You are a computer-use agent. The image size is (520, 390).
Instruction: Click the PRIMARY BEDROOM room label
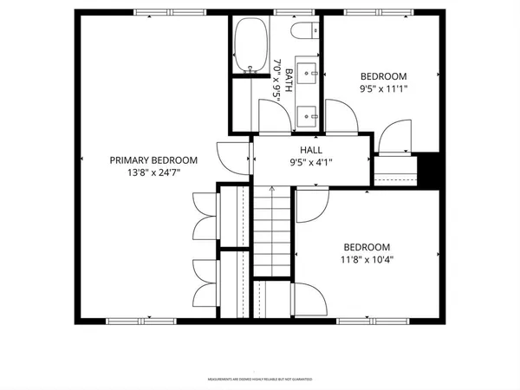[153, 160]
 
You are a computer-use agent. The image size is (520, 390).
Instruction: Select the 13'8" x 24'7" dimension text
[153, 172]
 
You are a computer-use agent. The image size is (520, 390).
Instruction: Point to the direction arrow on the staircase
[272, 189]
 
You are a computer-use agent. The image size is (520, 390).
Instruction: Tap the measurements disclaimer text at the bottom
[260, 380]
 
